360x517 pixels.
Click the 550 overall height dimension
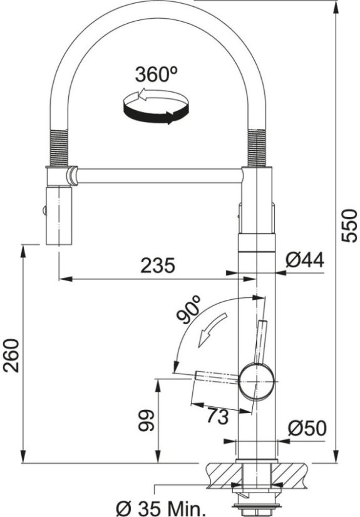pyautogui.click(x=349, y=225)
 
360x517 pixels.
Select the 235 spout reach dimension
pyautogui.click(x=157, y=265)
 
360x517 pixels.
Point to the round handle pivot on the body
pyautogui.click(x=255, y=381)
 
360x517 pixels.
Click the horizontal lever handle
pyautogui.click(x=216, y=377)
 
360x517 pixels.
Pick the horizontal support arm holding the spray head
pyautogui.click(x=157, y=176)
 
